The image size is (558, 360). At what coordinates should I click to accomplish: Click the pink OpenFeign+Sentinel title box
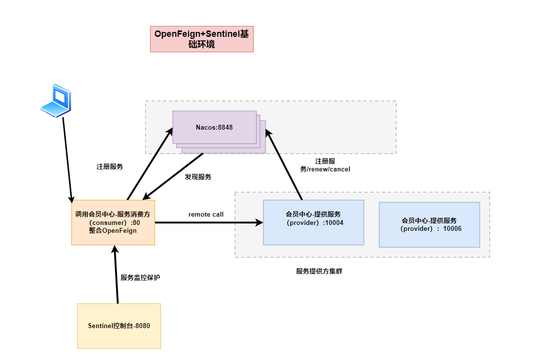(x=202, y=39)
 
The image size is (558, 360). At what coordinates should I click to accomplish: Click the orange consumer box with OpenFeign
(x=113, y=222)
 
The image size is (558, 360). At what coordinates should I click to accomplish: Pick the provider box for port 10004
(x=313, y=222)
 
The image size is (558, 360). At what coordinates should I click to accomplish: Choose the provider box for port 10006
(x=429, y=224)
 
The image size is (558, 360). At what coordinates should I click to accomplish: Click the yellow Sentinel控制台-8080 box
(x=119, y=326)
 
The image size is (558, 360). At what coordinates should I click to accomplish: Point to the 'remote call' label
(x=206, y=215)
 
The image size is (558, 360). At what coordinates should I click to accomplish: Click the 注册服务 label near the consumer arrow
(x=109, y=167)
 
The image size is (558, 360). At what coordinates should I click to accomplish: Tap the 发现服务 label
(x=198, y=177)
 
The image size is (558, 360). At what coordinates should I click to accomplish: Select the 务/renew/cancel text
(x=325, y=169)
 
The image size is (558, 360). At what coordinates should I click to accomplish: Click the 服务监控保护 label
(x=140, y=277)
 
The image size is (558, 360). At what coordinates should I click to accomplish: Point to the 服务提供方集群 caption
(x=319, y=271)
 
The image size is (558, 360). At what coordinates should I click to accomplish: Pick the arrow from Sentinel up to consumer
(x=117, y=275)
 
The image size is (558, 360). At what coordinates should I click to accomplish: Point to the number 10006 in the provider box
(x=452, y=228)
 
